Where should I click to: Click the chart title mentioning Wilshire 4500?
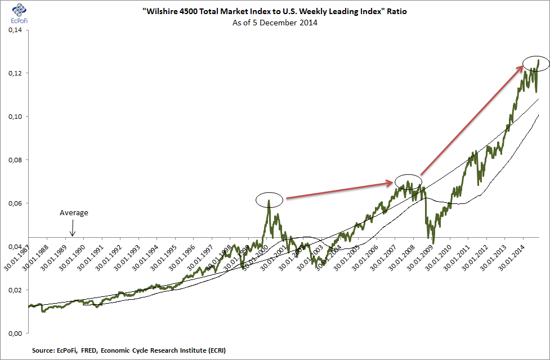(275, 12)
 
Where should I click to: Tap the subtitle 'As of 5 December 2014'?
(275, 23)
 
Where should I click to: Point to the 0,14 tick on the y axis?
(15, 30)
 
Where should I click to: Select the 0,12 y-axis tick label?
(15, 73)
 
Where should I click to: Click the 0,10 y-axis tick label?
(15, 117)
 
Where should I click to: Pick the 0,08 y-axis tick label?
(15, 160)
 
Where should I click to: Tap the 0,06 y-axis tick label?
(15, 203)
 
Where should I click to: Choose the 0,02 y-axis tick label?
(15, 290)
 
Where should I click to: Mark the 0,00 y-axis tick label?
(15, 334)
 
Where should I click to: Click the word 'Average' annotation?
(74, 213)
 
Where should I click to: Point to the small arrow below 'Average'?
(72, 229)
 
